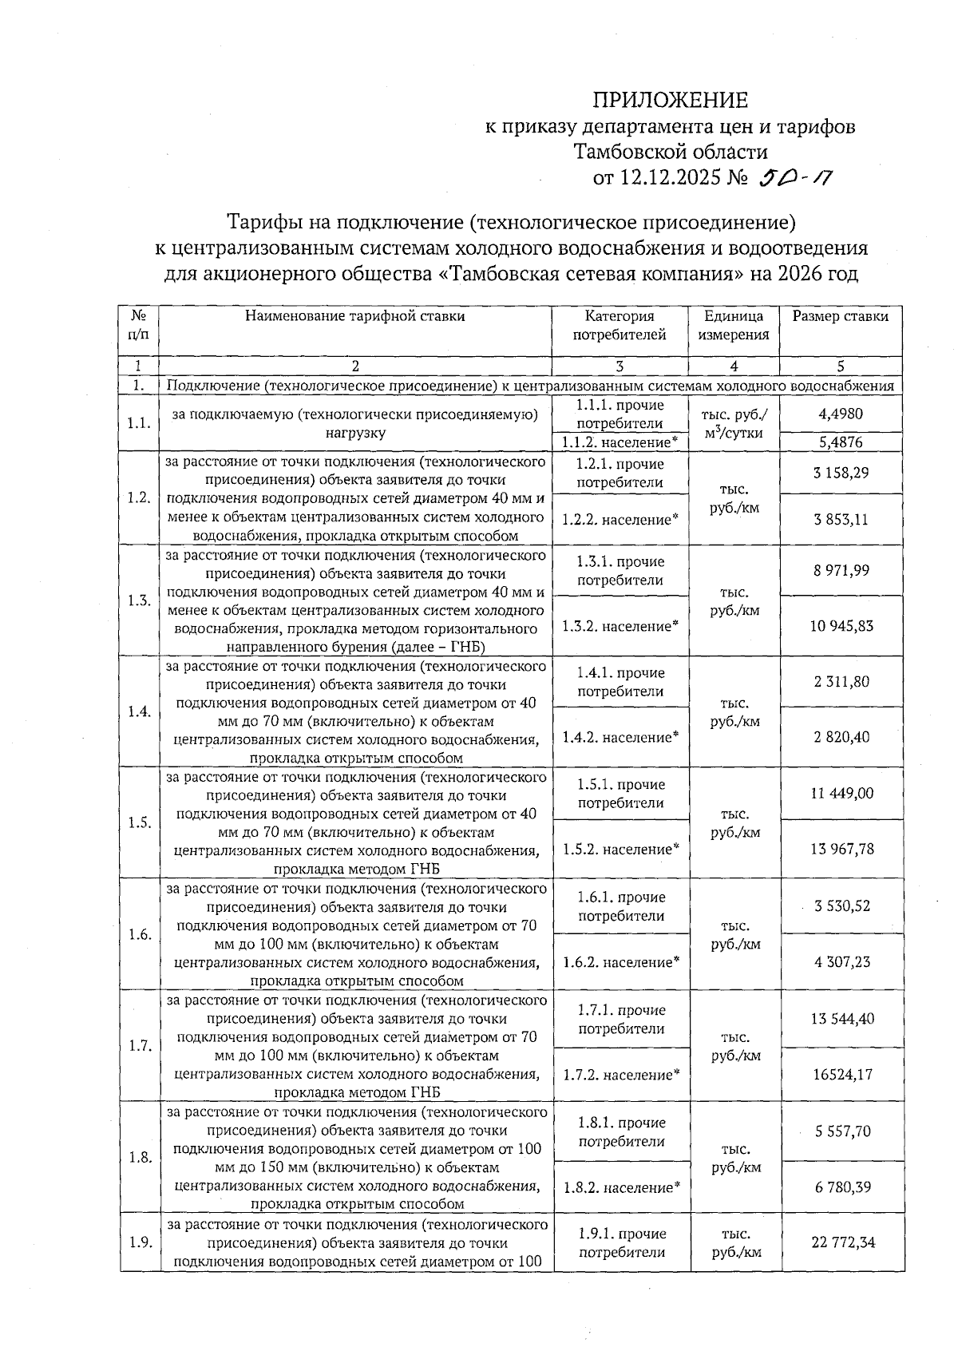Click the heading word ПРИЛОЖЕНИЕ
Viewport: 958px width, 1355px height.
670,101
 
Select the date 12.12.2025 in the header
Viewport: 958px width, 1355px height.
669,176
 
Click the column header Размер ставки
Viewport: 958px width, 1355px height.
840,316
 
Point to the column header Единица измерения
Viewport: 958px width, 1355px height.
733,326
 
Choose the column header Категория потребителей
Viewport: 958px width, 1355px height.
620,326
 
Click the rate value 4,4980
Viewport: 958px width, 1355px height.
840,414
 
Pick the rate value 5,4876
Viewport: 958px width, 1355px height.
840,442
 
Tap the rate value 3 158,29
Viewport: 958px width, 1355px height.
841,473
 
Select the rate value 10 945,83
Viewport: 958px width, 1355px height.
841,626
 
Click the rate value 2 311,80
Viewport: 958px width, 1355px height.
841,682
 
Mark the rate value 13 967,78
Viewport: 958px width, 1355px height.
841,849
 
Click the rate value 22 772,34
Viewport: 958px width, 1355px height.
841,1242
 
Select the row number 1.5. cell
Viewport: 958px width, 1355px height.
139,822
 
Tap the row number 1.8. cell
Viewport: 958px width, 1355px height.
139,1157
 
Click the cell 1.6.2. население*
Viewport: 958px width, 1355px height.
620,962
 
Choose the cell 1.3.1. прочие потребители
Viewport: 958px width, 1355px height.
620,571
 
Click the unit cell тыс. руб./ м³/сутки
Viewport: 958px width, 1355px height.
733,424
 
